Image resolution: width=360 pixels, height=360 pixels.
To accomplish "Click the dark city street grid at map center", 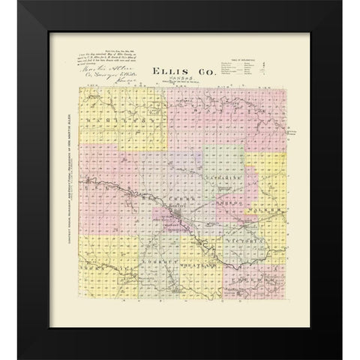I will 177,220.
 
